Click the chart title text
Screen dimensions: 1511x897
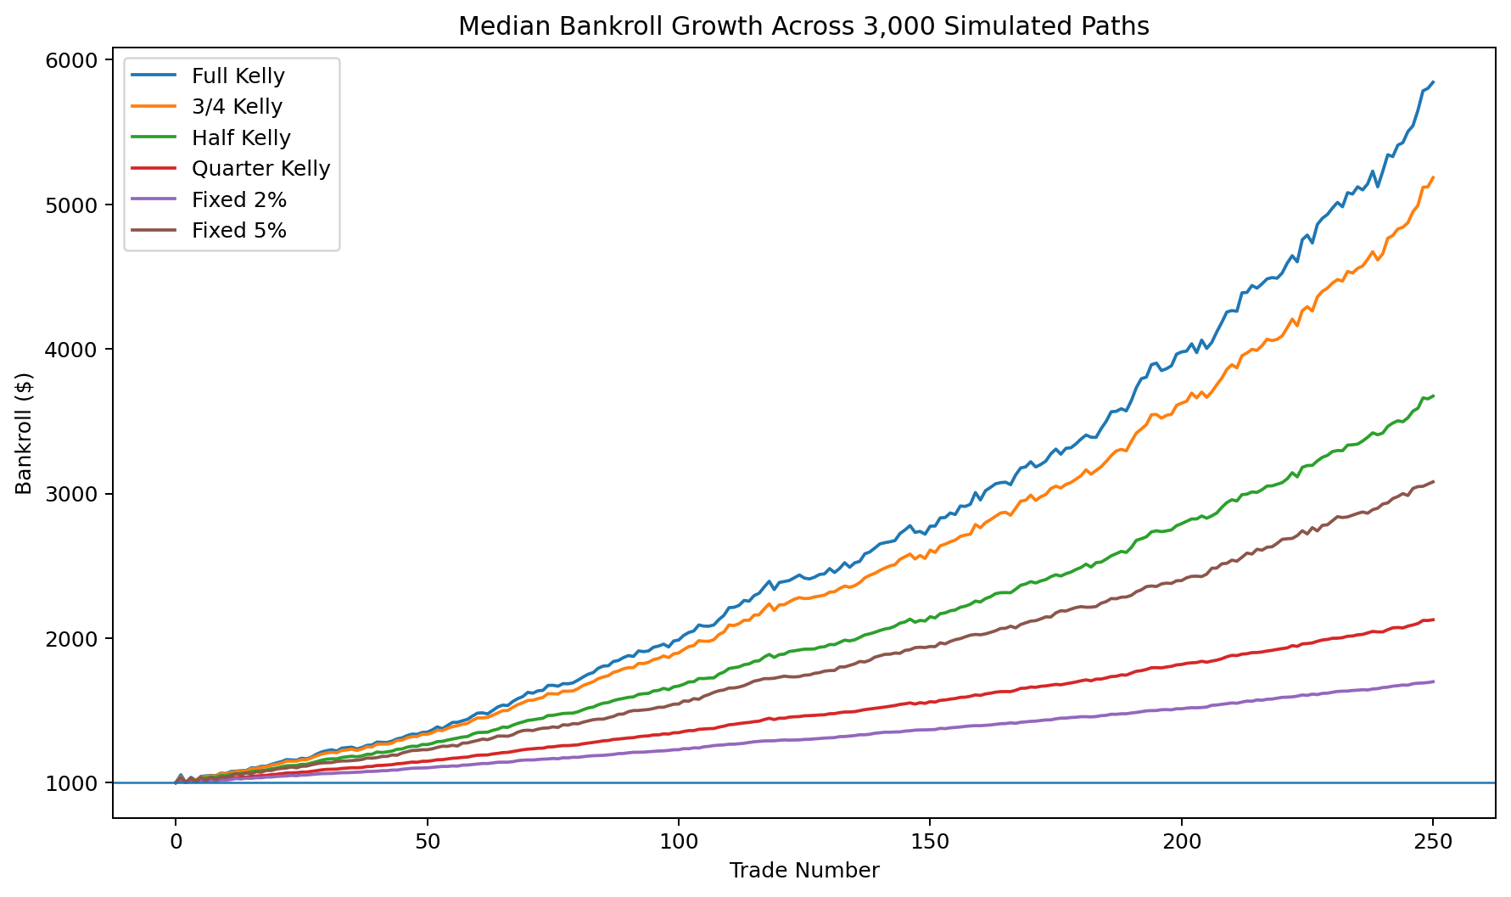(x=803, y=26)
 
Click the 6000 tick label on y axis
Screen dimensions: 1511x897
(x=79, y=60)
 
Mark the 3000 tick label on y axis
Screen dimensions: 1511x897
(x=79, y=494)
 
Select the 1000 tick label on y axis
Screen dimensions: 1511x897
(x=79, y=783)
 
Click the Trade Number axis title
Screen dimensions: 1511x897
(x=803, y=870)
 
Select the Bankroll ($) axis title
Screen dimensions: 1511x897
(x=24, y=433)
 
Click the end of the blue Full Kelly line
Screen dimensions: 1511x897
(x=1433, y=82)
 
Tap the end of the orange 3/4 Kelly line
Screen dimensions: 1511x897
(x=1433, y=177)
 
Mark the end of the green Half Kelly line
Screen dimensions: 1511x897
(x=1433, y=395)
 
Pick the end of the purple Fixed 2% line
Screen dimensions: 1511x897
(x=1433, y=681)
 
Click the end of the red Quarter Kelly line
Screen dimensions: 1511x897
(x=1433, y=619)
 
